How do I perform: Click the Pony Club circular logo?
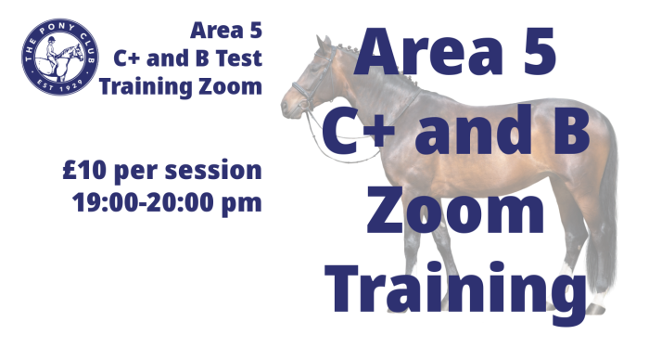pyautogui.click(x=60, y=57)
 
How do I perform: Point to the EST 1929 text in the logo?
pyautogui.click(x=60, y=86)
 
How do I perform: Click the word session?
pyautogui.click(x=213, y=171)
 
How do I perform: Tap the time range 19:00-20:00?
pyautogui.click(x=144, y=202)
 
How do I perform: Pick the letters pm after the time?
pyautogui.click(x=242, y=205)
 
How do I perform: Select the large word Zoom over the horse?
pyautogui.click(x=456, y=210)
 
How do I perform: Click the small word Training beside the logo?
pyautogui.click(x=146, y=88)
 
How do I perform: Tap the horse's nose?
pyautogui.click(x=285, y=106)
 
